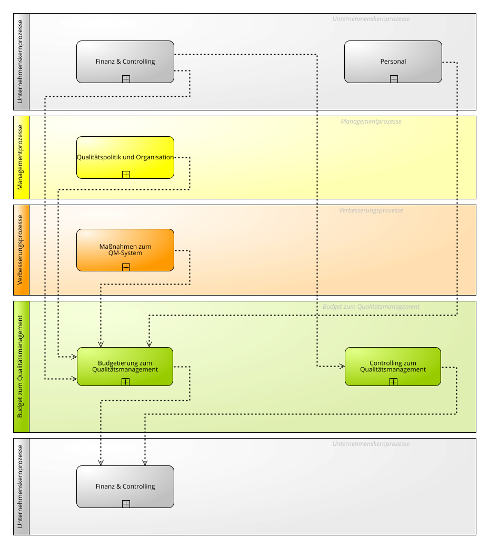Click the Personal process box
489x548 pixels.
pyautogui.click(x=393, y=62)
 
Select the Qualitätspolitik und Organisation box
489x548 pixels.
pyautogui.click(x=125, y=158)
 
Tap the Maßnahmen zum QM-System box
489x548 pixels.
pyautogui.click(x=125, y=250)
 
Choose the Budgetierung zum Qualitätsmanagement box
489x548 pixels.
pyautogui.click(x=125, y=367)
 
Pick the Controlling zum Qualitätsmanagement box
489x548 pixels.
pyautogui.click(x=393, y=367)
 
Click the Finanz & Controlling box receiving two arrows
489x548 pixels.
pyautogui.click(x=125, y=486)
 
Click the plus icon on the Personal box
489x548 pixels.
pyautogui.click(x=394, y=79)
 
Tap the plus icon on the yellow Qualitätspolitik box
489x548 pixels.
pyautogui.click(x=126, y=175)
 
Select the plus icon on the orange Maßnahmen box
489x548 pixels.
pyautogui.click(x=126, y=267)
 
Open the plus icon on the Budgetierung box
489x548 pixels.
pyautogui.click(x=126, y=382)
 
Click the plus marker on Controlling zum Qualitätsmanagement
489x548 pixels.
pyautogui.click(x=394, y=382)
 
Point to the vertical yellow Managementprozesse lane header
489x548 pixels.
pyautogui.click(x=22, y=158)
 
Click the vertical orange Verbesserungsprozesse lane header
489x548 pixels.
pyautogui.click(x=22, y=250)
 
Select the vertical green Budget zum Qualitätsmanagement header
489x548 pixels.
pyautogui.click(x=22, y=367)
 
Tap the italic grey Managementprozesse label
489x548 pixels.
pyautogui.click(x=371, y=121)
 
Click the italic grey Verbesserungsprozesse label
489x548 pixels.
pyautogui.click(x=371, y=210)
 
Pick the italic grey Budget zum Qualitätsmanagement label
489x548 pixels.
pyautogui.click(x=371, y=307)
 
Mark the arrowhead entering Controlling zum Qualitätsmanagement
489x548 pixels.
pyautogui.click(x=342, y=366)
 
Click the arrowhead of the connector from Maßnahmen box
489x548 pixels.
pyautogui.click(x=101, y=344)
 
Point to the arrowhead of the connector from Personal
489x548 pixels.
pyautogui.click(x=149, y=344)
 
